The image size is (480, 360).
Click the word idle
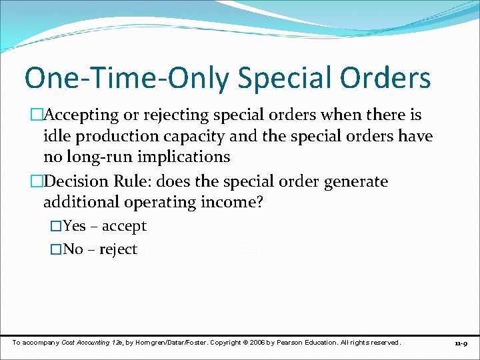pyautogui.click(x=56, y=137)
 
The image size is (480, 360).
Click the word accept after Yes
pyautogui.click(x=124, y=227)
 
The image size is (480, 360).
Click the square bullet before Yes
pyautogui.click(x=56, y=227)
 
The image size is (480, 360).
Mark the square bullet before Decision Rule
pyautogui.click(x=37, y=181)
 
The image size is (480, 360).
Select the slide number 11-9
pyautogui.click(x=461, y=343)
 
